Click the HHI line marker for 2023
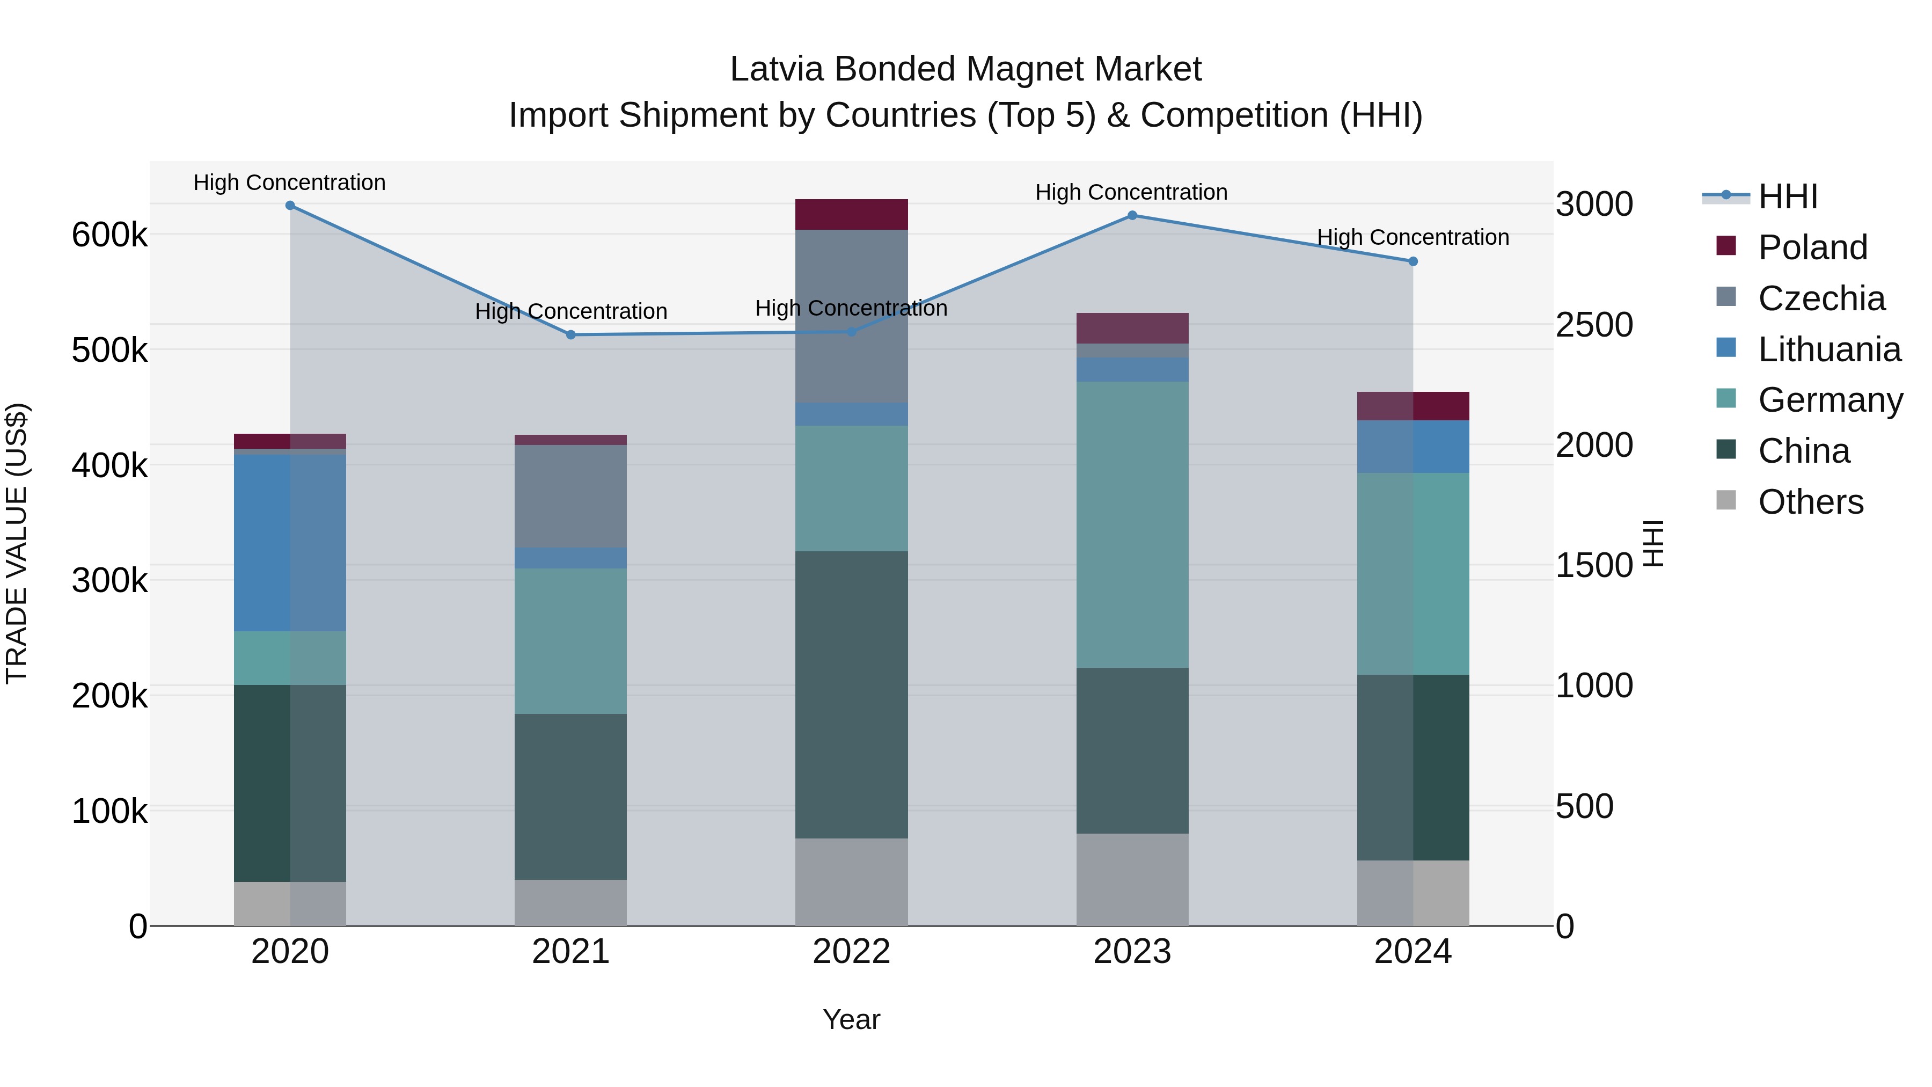click(1132, 215)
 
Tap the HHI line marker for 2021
click(571, 334)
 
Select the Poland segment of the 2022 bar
click(851, 215)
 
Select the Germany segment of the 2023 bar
click(1132, 524)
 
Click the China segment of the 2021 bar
click(571, 796)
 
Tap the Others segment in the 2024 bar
click(1413, 893)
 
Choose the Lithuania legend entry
click(1828, 349)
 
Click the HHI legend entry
click(1787, 196)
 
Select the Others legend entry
click(1810, 502)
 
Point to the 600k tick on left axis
click(109, 235)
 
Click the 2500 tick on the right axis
click(1594, 325)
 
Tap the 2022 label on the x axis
click(851, 952)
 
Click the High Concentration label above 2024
click(1413, 237)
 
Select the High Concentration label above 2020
click(289, 183)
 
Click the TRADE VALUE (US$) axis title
click(17, 543)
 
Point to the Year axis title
click(851, 1019)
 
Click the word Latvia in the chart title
click(777, 69)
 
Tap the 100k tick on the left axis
click(109, 811)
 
